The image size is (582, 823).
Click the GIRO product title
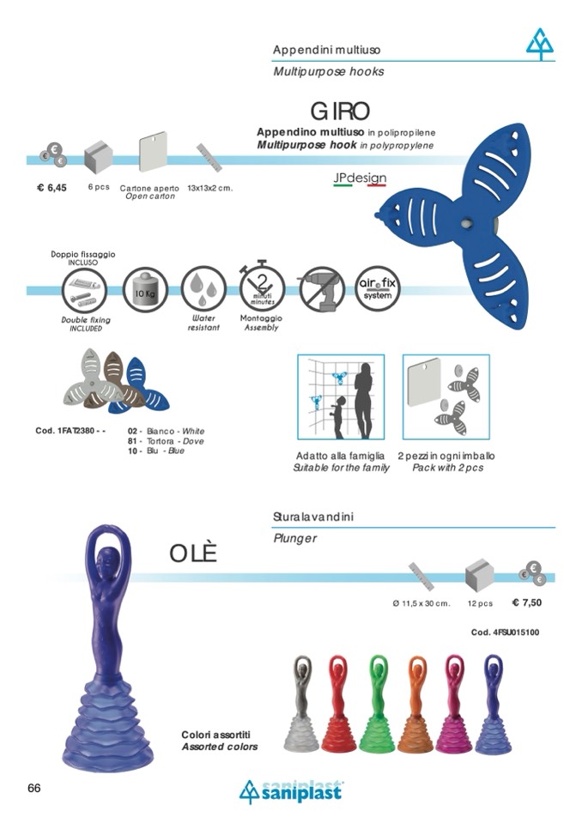340,112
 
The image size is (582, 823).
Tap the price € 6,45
52,187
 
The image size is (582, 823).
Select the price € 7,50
527,602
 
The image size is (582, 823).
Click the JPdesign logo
360,179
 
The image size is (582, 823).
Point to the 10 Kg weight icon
145,290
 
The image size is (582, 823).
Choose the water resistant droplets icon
203,289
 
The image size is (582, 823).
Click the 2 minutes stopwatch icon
261,287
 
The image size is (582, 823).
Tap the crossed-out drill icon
320,289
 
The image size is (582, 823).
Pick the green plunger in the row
377,704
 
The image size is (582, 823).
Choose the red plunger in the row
338,704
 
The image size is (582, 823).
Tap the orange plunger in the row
415,704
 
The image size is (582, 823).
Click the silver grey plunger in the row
300,704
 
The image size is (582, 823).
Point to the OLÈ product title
193,554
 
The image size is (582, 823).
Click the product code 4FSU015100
506,632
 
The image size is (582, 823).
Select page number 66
34,788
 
